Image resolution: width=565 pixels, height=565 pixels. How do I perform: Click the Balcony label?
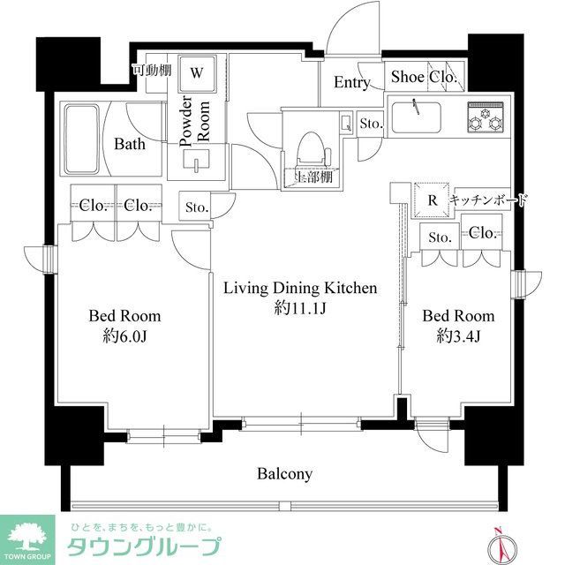click(x=284, y=474)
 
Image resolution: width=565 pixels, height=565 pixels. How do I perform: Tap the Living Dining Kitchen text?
click(x=300, y=289)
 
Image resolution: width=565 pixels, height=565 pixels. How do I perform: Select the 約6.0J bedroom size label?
click(x=124, y=336)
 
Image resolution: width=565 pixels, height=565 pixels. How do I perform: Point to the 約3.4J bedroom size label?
click(x=457, y=336)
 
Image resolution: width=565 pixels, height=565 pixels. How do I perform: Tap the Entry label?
click(x=352, y=83)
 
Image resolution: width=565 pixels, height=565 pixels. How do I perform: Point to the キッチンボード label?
click(x=488, y=200)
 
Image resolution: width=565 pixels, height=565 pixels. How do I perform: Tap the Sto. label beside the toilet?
click(x=371, y=124)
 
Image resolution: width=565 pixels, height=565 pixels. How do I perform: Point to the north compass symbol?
click(x=497, y=541)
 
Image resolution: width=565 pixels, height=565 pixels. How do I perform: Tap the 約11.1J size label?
click(x=299, y=309)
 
